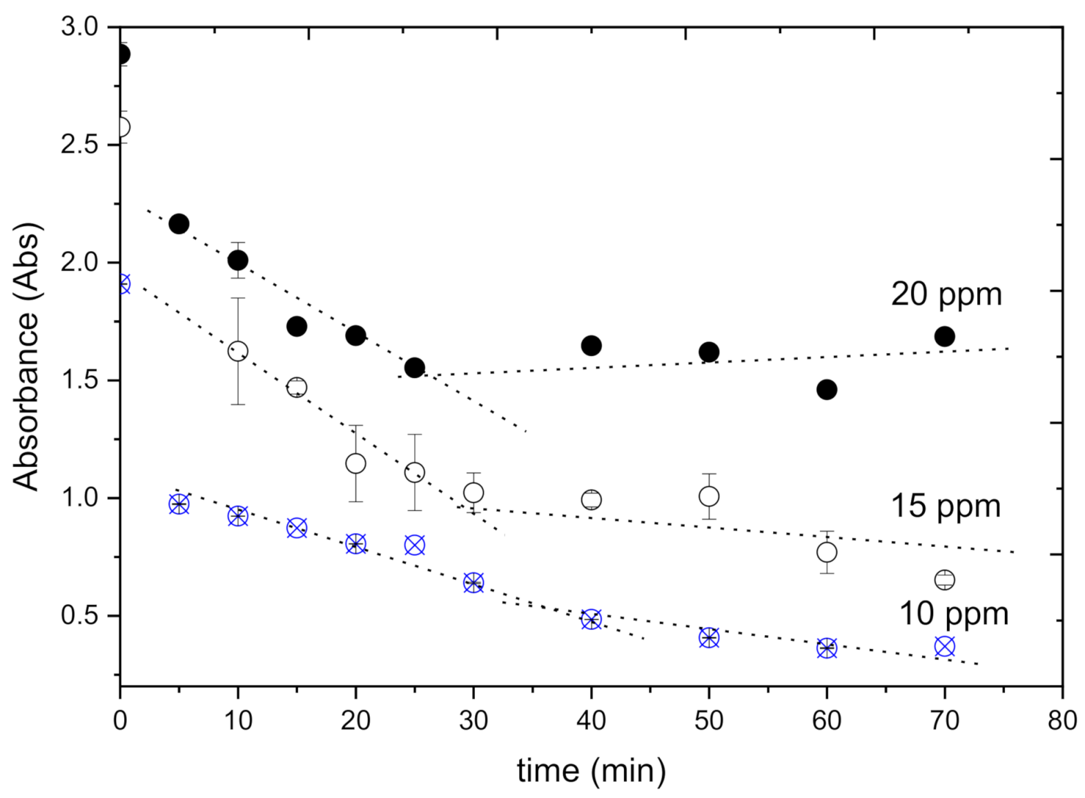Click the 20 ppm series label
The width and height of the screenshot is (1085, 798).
click(946, 295)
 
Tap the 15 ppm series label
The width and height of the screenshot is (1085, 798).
click(946, 506)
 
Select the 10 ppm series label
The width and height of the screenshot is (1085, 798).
click(953, 613)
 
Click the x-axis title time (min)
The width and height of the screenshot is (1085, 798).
click(592, 770)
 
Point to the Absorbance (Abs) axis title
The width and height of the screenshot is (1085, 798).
click(28, 357)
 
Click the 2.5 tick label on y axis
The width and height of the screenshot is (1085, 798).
click(80, 146)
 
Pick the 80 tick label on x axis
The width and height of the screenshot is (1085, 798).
click(1062, 721)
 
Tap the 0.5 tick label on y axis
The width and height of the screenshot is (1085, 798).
click(80, 615)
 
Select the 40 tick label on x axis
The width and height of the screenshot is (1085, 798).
click(591, 721)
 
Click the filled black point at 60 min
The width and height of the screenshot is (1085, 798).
click(826, 390)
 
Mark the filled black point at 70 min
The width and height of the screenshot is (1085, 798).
click(944, 337)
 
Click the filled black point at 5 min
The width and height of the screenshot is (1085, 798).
click(179, 223)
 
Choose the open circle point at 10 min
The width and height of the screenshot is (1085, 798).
click(237, 351)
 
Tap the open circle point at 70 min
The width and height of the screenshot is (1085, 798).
click(944, 579)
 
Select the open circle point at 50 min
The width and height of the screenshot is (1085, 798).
click(709, 496)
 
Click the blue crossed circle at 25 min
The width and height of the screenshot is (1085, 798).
click(414, 545)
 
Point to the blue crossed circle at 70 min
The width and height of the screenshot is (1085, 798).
click(944, 646)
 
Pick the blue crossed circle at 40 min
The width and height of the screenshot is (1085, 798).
click(591, 619)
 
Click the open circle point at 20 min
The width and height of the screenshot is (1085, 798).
click(355, 463)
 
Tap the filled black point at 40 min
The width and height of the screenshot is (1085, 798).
click(591, 346)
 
